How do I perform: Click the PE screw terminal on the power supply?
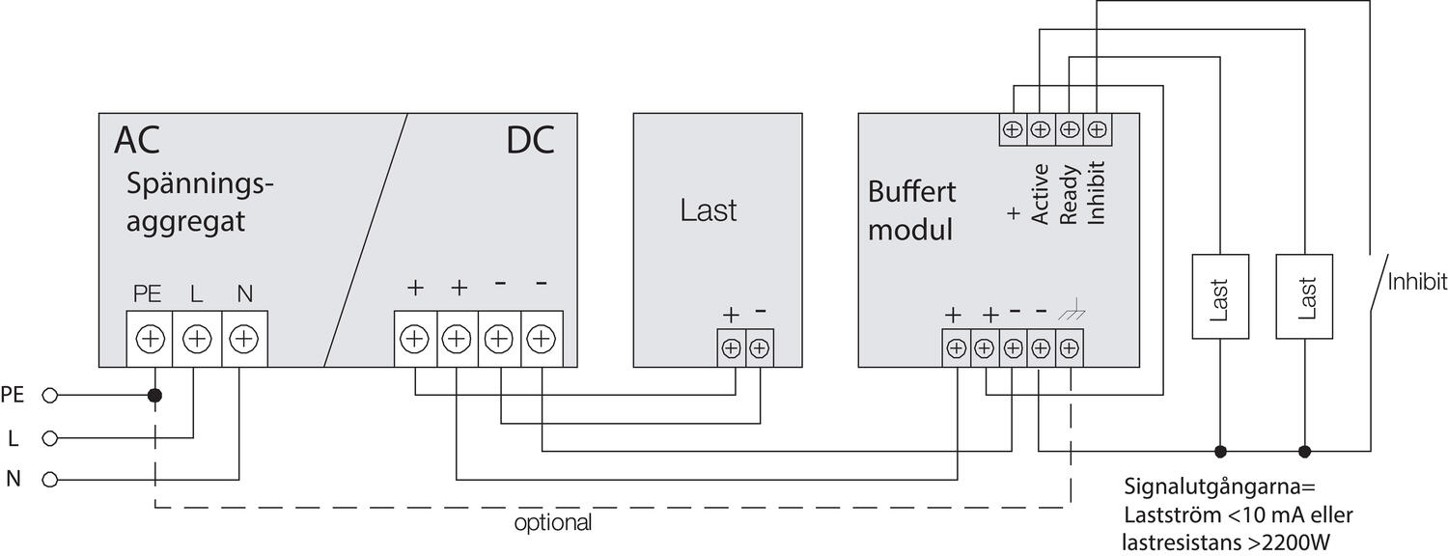click(x=151, y=339)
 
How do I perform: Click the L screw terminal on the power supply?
click(x=197, y=339)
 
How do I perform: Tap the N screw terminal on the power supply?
click(x=244, y=339)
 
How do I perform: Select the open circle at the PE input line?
click(x=50, y=395)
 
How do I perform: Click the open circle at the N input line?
click(x=50, y=479)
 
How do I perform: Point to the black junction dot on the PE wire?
click(x=154, y=396)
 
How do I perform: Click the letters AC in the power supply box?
click(x=137, y=141)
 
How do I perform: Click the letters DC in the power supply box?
click(x=530, y=141)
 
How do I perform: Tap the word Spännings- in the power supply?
click(x=202, y=184)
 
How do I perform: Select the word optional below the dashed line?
click(x=552, y=524)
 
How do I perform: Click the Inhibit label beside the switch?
click(x=1417, y=282)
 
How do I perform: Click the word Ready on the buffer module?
click(x=1069, y=194)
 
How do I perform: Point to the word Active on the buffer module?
click(x=1041, y=194)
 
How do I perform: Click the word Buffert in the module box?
click(x=912, y=191)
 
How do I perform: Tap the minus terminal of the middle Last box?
click(x=760, y=347)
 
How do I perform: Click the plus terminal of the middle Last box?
click(x=732, y=347)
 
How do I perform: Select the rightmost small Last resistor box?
click(x=1307, y=296)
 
